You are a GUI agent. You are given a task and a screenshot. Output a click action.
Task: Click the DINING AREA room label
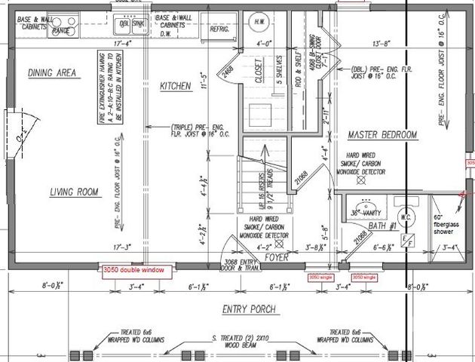click(53, 73)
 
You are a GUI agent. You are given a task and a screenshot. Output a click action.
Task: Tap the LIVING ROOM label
click(74, 192)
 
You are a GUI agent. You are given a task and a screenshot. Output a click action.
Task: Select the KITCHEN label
click(176, 87)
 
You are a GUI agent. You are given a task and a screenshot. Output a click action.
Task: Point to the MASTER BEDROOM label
click(382, 134)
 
